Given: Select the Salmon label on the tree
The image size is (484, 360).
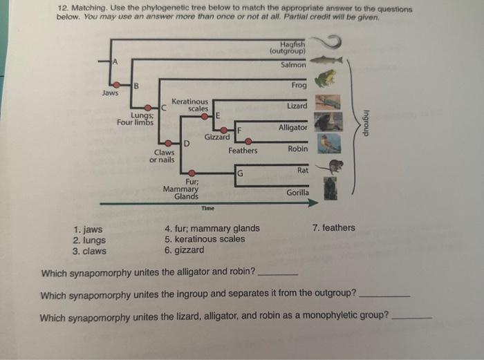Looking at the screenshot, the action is pos(293,65).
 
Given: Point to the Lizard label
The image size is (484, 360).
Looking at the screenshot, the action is pos(297,106).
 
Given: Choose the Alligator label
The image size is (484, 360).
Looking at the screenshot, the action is pos(292,128).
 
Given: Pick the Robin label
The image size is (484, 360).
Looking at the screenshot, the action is pos(297,149).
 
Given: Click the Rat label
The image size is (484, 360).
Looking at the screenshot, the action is pos(302,170).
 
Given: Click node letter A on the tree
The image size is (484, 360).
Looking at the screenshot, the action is pos(115,63).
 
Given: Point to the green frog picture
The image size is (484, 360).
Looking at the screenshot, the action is pos(322,80).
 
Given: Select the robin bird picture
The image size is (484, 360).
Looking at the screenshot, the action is pos(329,144).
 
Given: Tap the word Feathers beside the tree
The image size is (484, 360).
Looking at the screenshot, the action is pos(243,151).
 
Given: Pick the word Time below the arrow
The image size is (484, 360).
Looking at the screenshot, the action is pos(207,208).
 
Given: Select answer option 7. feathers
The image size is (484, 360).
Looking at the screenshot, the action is pos(333,228).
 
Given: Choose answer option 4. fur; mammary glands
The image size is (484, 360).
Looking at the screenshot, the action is pos(212,229).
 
